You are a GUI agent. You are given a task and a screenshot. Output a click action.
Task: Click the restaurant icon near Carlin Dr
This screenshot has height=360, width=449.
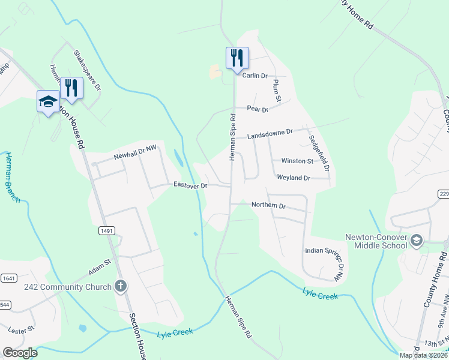click(237, 58)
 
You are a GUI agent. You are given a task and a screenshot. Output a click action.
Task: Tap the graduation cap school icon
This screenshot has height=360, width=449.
click(48, 101)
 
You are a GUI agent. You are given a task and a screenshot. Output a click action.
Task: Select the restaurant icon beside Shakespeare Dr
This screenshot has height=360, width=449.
click(71, 87)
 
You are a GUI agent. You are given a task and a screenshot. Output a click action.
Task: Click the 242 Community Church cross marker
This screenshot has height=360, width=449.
click(121, 286)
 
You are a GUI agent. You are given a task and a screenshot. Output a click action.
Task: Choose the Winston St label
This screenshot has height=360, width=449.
click(297, 161)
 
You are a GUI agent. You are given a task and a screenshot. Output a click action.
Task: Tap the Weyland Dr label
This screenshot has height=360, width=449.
click(293, 178)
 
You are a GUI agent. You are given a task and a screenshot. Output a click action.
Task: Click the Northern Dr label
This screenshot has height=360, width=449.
click(268, 205)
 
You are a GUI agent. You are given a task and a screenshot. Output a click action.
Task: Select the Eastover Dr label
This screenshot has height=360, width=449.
click(190, 185)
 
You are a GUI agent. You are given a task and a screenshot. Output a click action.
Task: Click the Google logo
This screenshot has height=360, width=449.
click(20, 353)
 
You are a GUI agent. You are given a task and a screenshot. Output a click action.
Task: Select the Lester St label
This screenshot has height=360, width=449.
click(21, 329)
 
